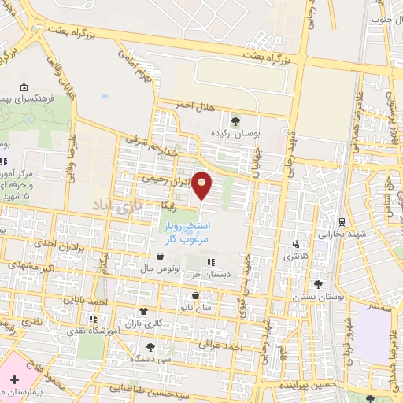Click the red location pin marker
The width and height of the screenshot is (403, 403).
202,184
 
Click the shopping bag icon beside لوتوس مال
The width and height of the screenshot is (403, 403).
161,256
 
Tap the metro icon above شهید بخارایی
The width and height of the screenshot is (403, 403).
341,222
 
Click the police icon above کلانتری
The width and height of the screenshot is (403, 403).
296,243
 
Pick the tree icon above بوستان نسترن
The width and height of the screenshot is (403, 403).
318,284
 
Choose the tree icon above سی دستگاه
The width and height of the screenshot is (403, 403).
150,346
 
